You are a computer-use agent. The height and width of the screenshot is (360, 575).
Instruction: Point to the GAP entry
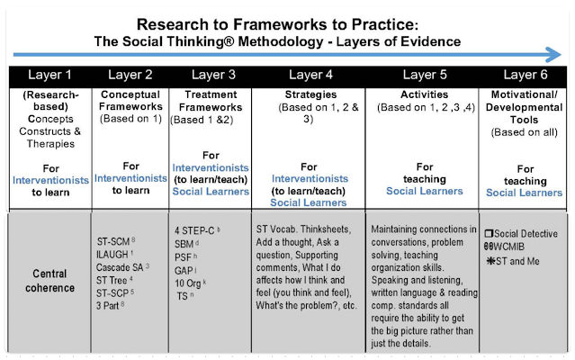[x=185, y=270]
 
